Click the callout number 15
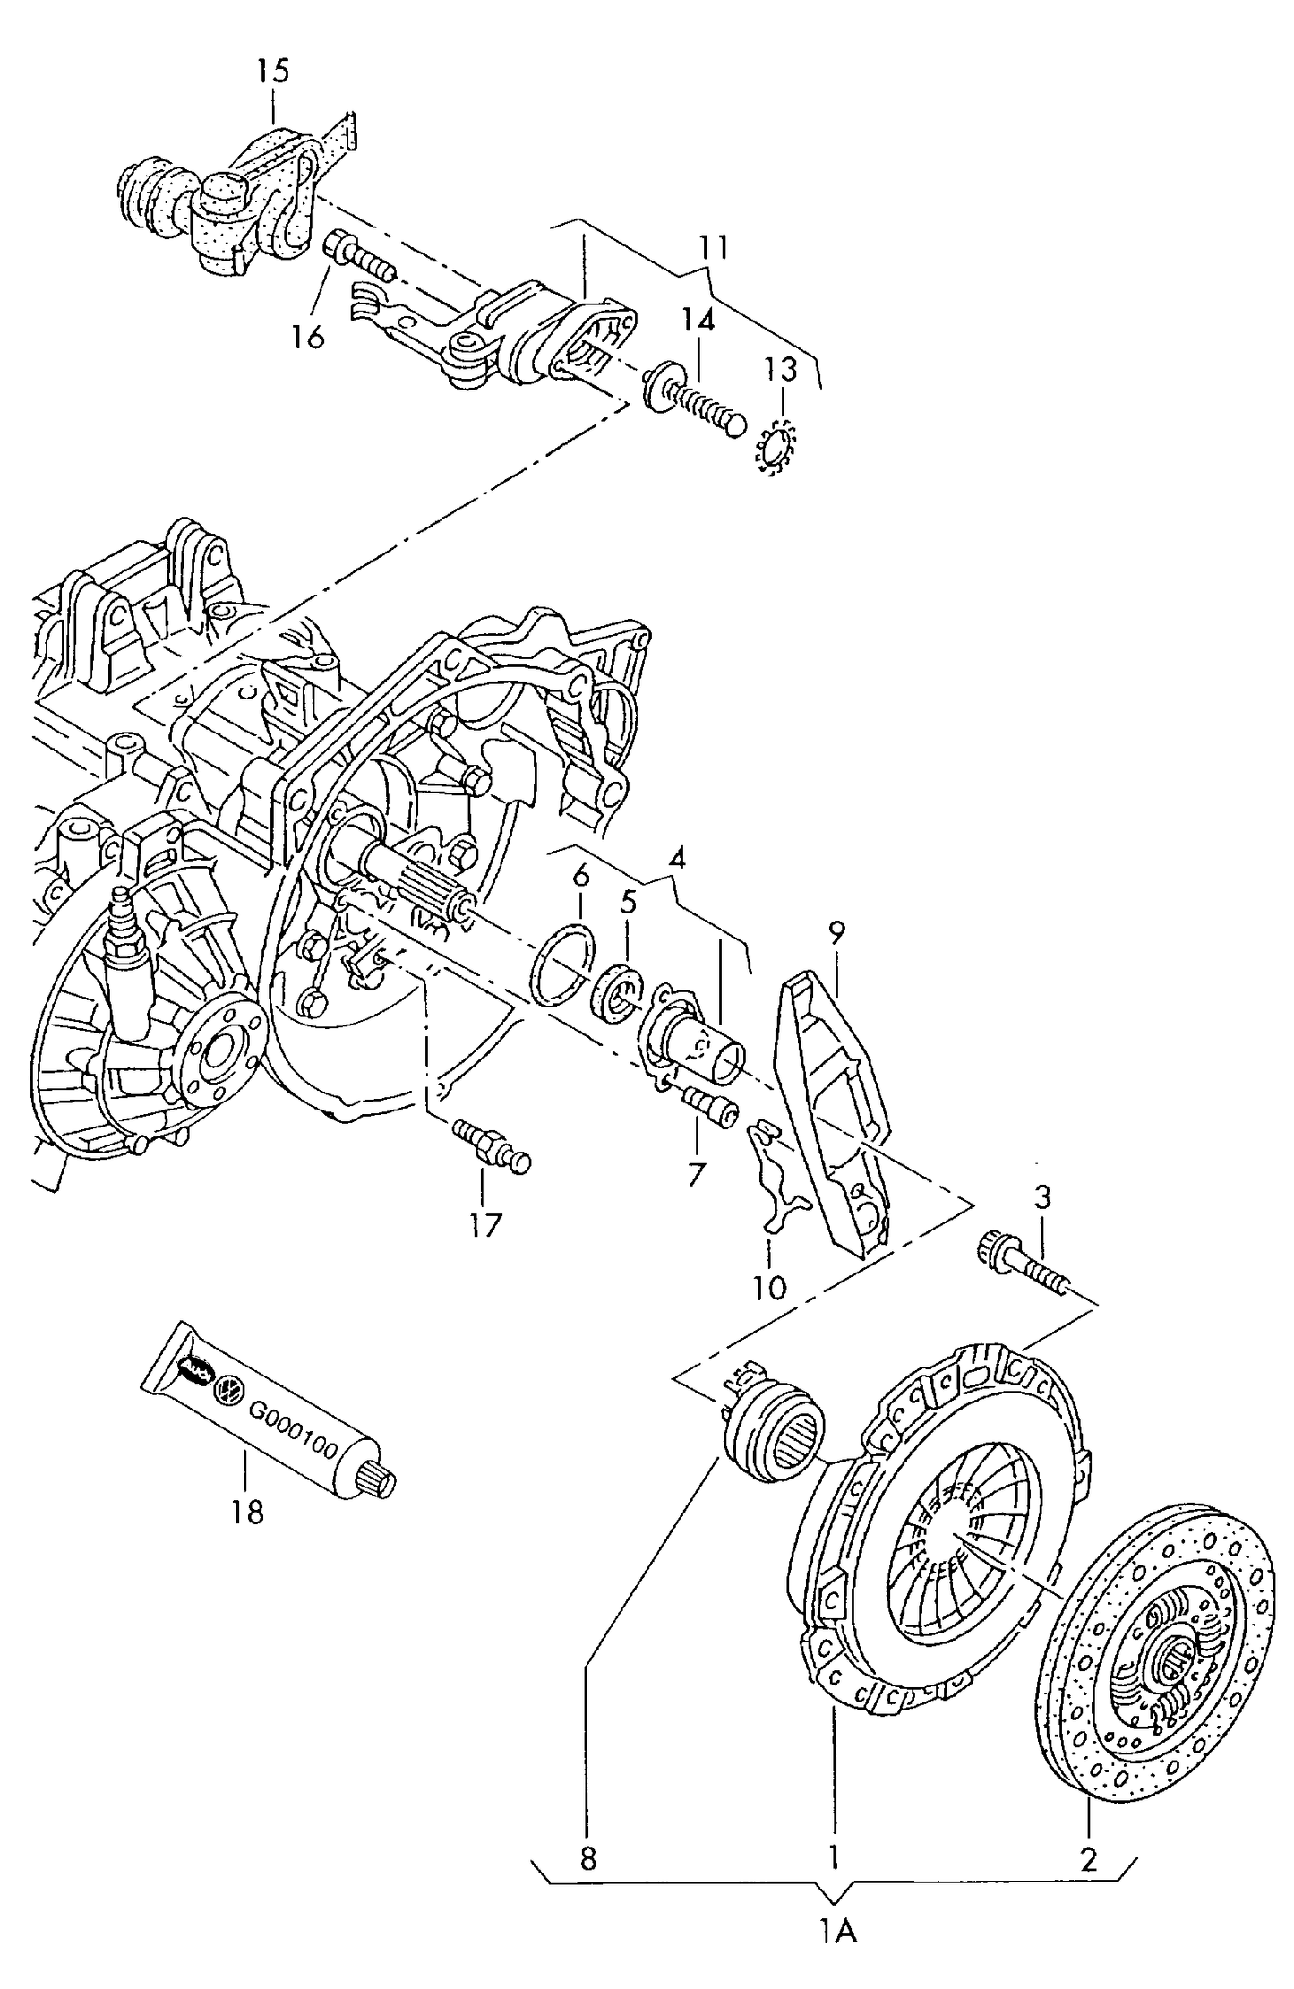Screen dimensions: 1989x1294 pos(275,71)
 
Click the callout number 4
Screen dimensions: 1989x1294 pos(677,859)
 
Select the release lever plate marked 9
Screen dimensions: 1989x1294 pos(834,1110)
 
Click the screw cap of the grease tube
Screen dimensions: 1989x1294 pos(378,1481)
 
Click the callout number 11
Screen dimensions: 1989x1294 pos(714,247)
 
